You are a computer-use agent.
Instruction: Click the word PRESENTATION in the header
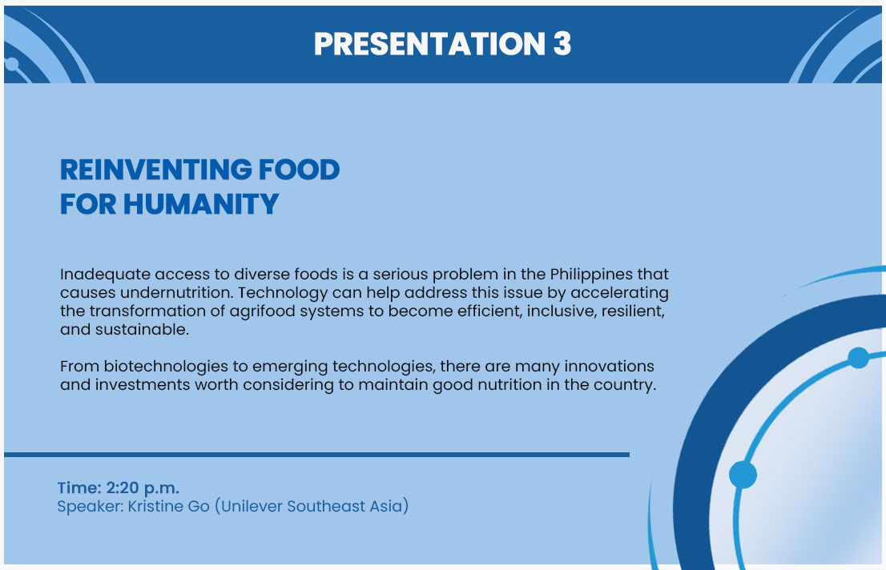[x=429, y=43]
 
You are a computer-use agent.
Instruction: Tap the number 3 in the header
[x=562, y=43]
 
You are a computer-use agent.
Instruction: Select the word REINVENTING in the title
[x=155, y=170]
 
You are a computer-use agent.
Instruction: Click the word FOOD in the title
[x=299, y=170]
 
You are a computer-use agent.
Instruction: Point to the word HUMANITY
[x=201, y=204]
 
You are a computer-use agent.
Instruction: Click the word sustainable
[x=142, y=329]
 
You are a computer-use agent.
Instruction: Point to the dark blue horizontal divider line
[x=316, y=454]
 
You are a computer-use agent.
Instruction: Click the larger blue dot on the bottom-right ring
[x=743, y=475]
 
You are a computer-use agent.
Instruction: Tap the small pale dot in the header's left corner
[x=12, y=64]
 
